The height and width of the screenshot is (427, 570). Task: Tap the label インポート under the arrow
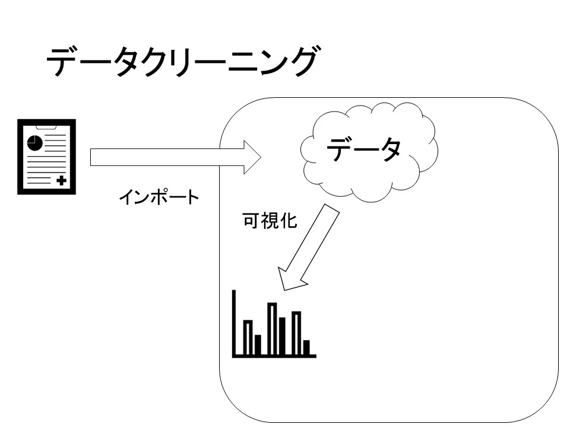[159, 197]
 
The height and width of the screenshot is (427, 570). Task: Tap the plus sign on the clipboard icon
[61, 180]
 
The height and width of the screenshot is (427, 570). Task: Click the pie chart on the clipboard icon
[34, 143]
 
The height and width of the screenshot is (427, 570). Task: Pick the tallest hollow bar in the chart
[272, 329]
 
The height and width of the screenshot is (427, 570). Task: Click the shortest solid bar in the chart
[306, 347]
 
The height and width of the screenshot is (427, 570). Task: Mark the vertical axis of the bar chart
[235, 323]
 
